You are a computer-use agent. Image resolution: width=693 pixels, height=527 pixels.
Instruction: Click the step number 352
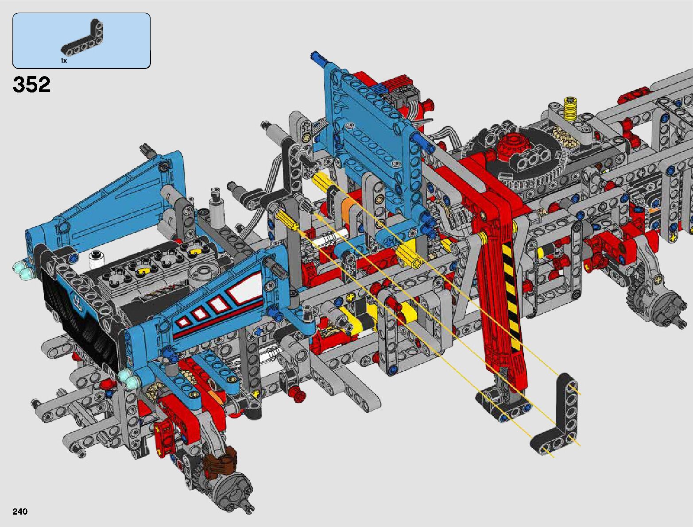tap(31, 85)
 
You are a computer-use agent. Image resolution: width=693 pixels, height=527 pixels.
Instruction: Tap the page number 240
tap(20, 511)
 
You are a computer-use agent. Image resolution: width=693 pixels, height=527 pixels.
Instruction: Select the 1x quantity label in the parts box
tap(64, 61)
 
